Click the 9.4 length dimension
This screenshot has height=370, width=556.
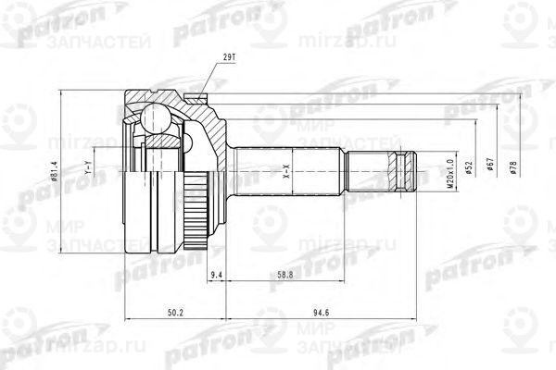(x=215, y=275)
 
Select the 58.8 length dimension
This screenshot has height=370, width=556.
(x=284, y=275)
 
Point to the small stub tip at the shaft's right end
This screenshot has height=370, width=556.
(x=418, y=172)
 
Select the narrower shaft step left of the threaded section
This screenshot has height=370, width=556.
(x=366, y=172)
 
